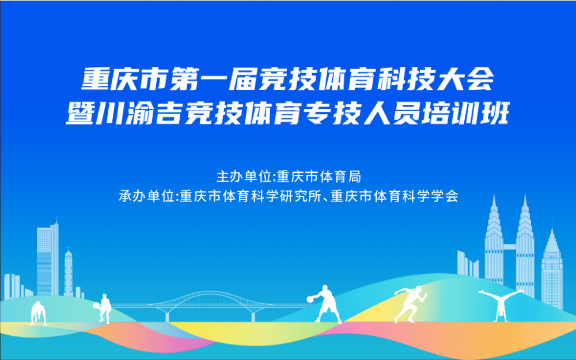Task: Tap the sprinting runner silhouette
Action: coord(410,305)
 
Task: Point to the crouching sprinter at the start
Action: coord(37,313)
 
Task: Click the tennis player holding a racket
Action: coord(103,308)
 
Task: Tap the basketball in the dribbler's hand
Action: coord(310,300)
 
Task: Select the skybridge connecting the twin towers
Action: coord(510,247)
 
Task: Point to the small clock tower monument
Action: coord(69,272)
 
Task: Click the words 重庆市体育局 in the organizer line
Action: coord(319,177)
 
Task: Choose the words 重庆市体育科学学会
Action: coord(394,196)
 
